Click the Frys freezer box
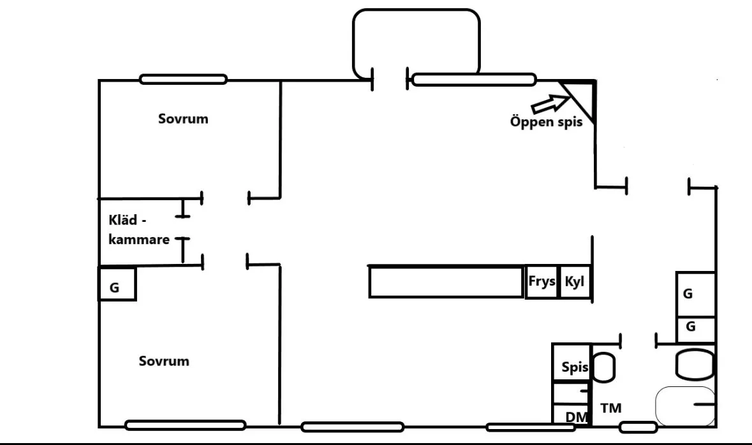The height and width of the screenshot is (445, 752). click(541, 282)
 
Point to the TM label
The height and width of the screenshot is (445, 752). click(610, 408)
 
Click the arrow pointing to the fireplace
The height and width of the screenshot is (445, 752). click(549, 101)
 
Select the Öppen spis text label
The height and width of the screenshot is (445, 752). click(546, 122)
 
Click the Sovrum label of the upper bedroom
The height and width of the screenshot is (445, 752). click(183, 119)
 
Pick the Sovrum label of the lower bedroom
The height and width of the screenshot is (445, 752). click(164, 361)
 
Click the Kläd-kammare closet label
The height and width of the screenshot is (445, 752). click(138, 230)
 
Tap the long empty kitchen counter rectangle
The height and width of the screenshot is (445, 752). click(446, 282)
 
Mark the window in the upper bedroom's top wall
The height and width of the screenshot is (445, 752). click(182, 80)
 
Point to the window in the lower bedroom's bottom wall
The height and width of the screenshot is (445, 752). click(186, 425)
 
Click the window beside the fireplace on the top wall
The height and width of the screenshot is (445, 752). click(474, 80)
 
